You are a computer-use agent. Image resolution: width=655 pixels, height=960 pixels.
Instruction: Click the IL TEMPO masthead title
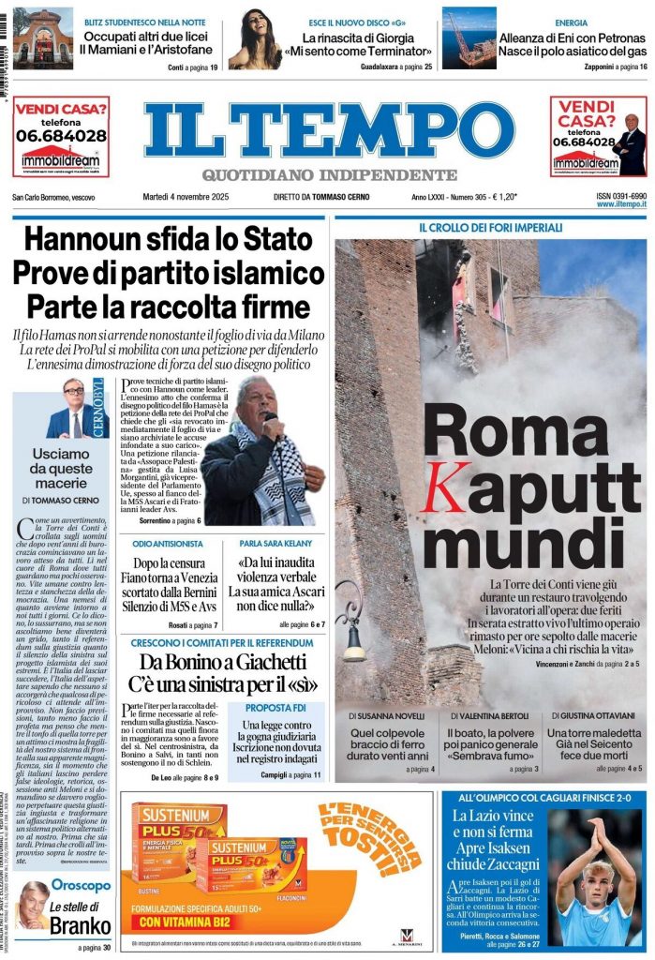328,129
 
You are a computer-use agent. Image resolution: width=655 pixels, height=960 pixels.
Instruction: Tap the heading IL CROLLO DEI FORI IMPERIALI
490,228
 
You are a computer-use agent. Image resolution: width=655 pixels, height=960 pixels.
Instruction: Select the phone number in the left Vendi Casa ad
61,135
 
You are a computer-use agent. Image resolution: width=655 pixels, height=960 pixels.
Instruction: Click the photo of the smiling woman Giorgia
255,38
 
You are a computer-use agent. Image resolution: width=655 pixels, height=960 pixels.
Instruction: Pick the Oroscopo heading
81,885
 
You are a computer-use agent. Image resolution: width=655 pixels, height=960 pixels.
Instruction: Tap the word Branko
81,926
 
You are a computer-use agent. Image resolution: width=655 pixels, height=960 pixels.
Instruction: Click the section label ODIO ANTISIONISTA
168,544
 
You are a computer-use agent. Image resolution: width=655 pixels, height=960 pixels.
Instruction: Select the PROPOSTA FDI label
275,708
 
